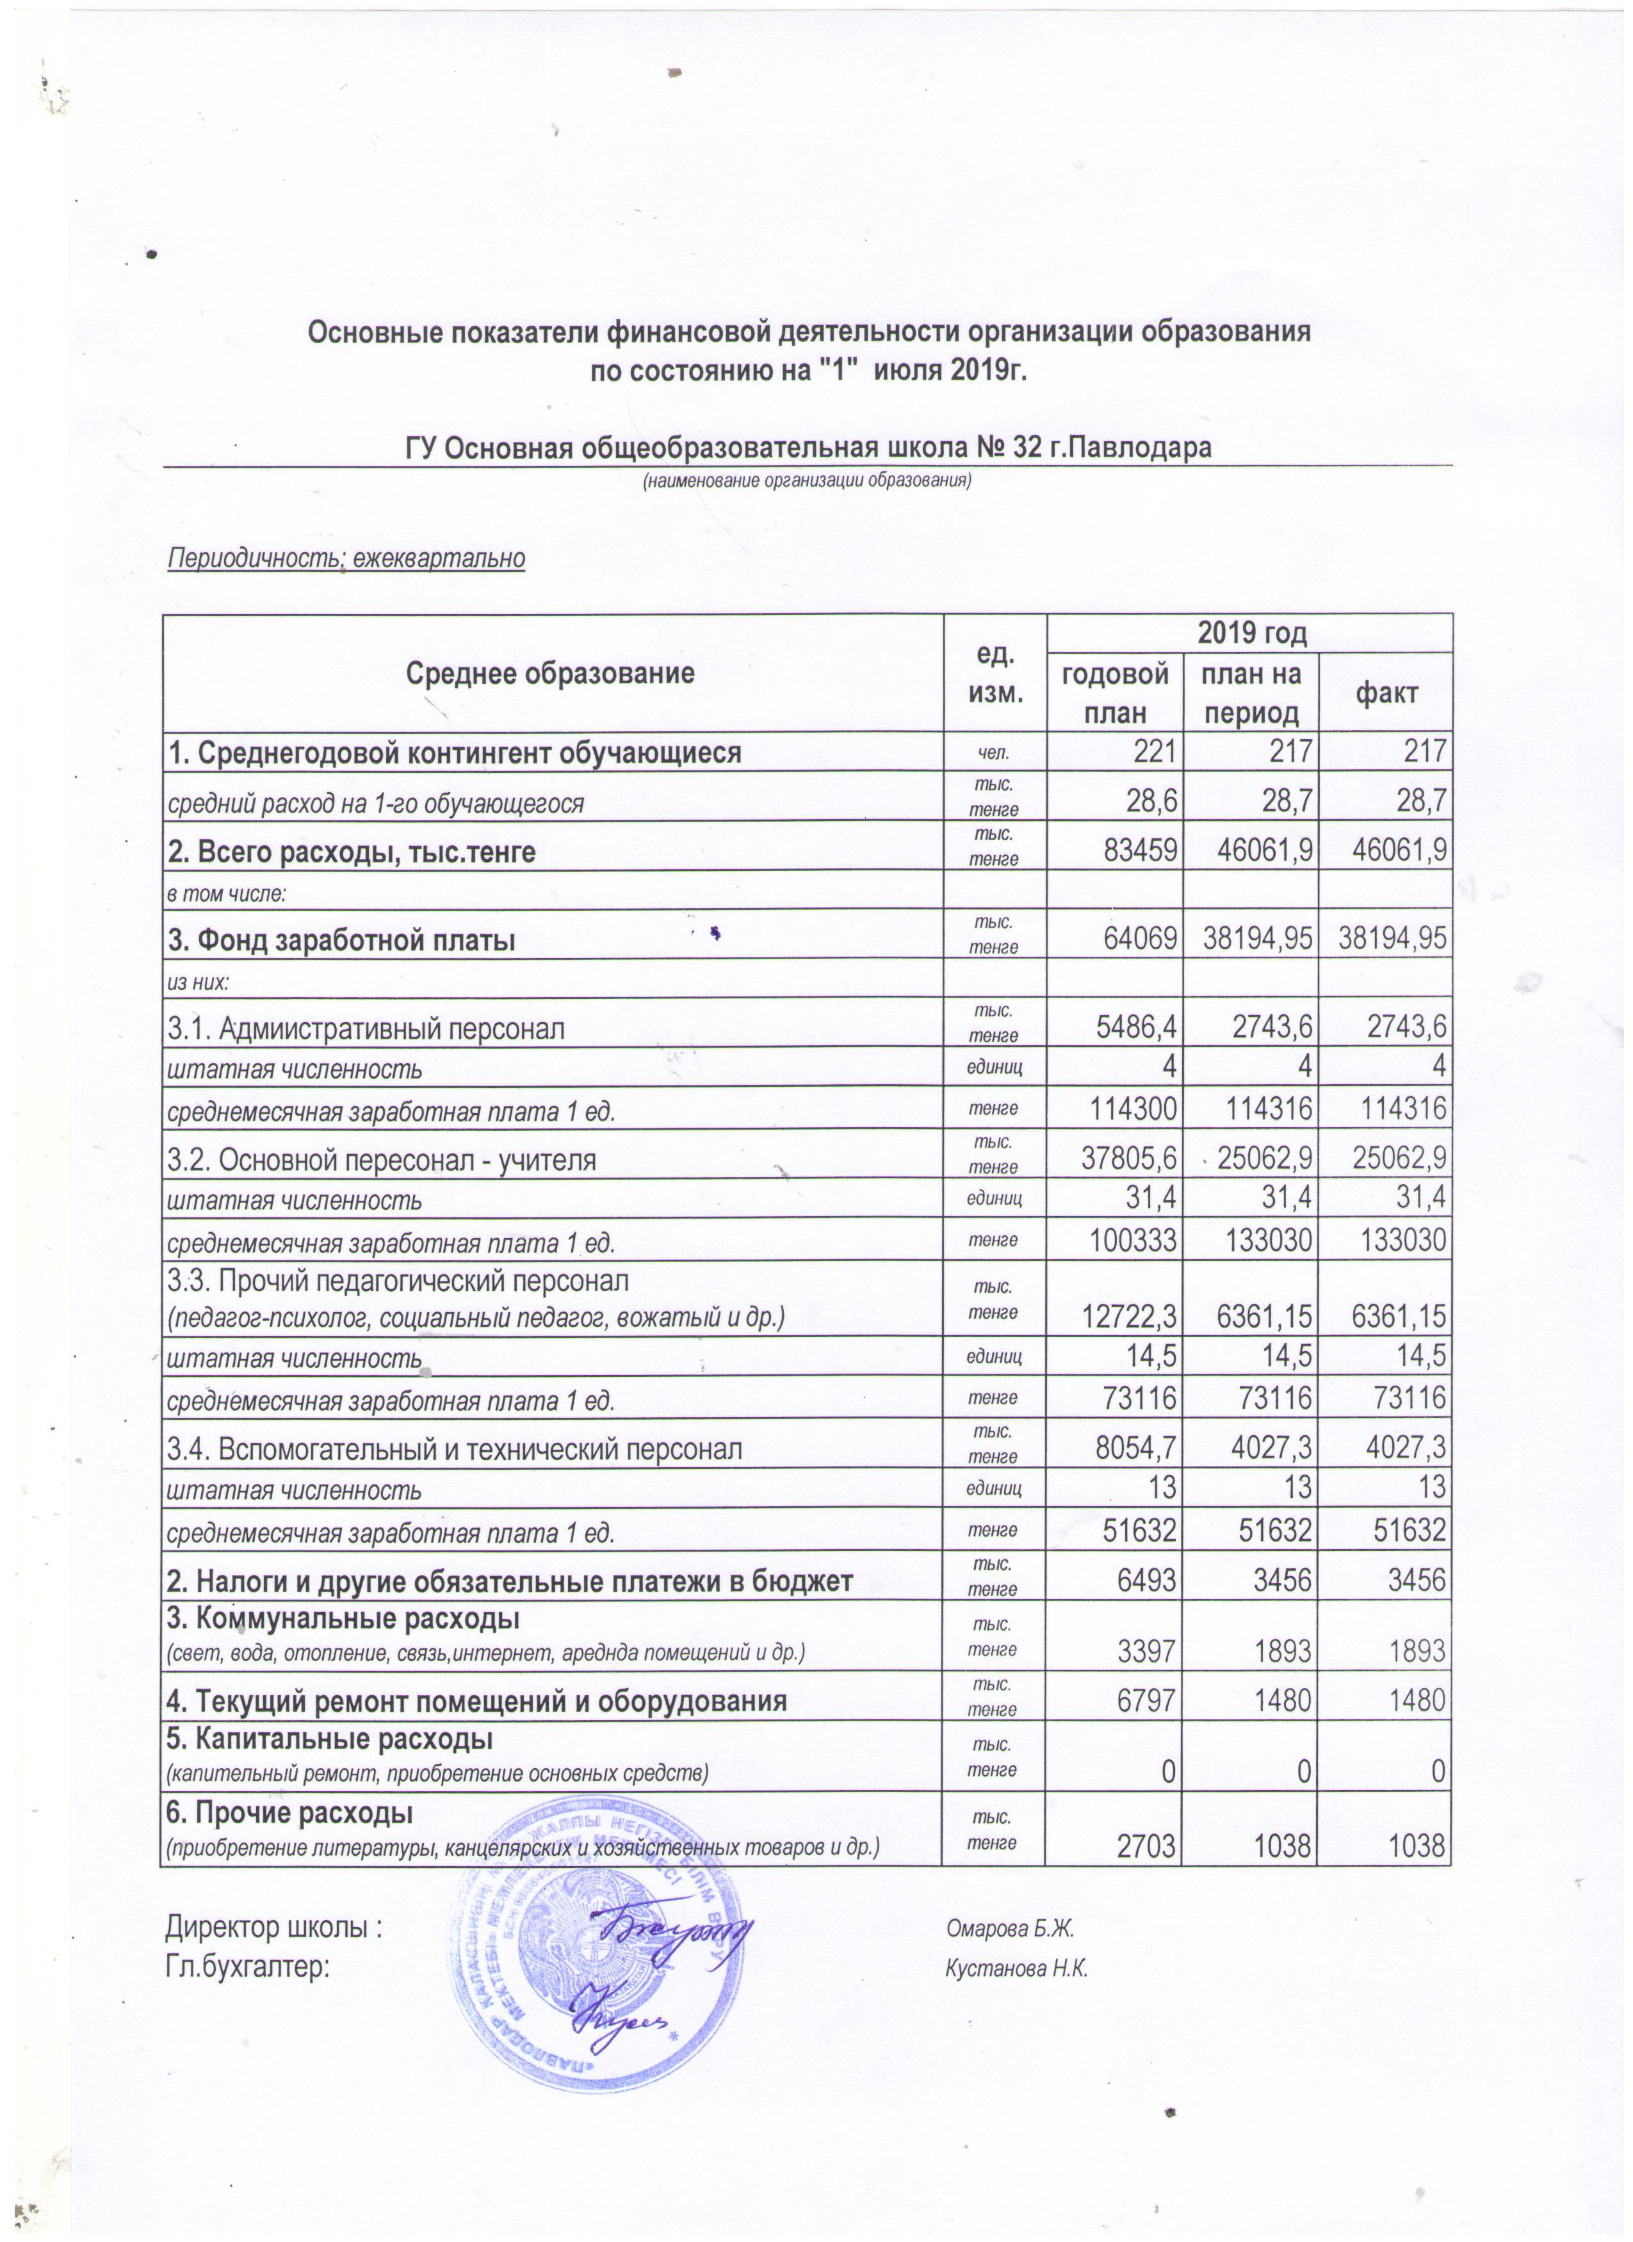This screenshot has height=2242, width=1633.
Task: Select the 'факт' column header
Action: point(1386,693)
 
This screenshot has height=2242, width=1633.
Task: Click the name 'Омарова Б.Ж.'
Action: point(1009,1928)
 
